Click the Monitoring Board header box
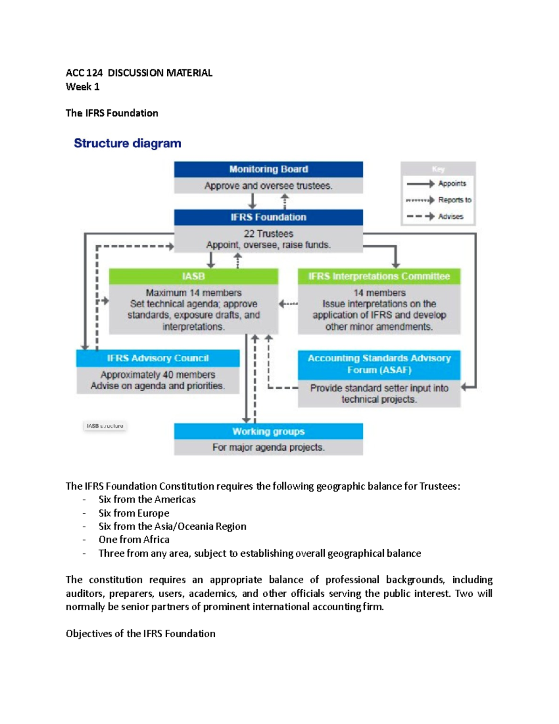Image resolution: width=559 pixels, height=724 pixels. coord(268,169)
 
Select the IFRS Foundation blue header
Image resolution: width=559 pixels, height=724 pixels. coord(268,217)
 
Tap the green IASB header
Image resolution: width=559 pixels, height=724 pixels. coord(193,276)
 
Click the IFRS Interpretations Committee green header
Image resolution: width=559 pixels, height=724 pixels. coord(379,276)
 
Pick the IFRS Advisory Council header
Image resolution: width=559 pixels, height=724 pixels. coord(157,359)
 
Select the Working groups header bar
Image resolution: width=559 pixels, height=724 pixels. coord(268,432)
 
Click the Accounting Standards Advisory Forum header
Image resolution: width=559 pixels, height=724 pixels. coord(379,364)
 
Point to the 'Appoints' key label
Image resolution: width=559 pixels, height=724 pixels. coord(452,184)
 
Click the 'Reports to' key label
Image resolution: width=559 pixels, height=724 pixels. coord(454,200)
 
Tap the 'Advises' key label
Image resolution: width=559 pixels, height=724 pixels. coord(450,217)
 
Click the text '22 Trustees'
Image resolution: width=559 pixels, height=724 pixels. coord(268,234)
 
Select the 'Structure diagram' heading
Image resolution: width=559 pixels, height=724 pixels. coord(127,143)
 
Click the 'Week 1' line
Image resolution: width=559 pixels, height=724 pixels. coord(82,87)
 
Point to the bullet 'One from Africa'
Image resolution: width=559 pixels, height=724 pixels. coord(134,540)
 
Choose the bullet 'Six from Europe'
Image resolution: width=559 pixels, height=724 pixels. coord(134,513)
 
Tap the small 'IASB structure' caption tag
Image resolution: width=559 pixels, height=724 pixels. coord(105,426)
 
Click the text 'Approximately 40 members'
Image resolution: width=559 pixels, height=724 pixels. coord(157,375)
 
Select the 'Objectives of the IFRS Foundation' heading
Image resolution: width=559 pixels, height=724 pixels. coord(140,634)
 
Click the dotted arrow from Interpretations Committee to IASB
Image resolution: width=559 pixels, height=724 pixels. coord(288,304)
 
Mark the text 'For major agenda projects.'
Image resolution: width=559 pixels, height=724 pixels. coord(268,448)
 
